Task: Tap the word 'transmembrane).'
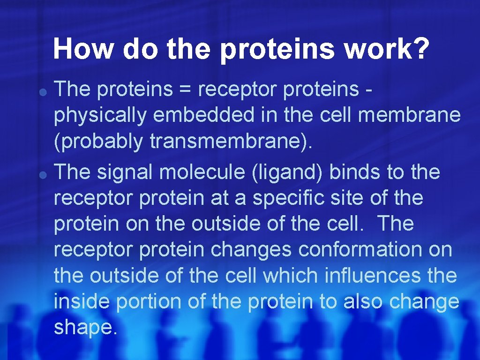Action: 231,142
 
